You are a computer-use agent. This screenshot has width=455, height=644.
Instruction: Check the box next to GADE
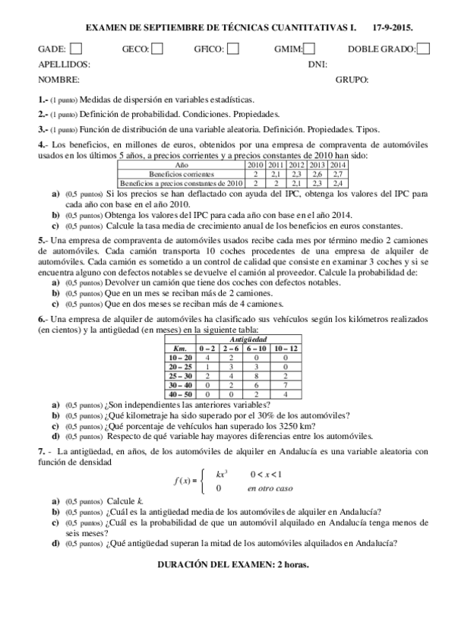[76, 49]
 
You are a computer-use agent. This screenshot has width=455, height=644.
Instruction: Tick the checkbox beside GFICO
[233, 49]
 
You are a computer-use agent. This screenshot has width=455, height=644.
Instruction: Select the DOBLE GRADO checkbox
[423, 49]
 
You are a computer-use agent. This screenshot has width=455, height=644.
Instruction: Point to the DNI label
[318, 65]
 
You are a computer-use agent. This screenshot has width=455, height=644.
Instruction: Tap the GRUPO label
[352, 80]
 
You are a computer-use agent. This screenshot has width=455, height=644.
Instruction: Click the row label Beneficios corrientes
[182, 174]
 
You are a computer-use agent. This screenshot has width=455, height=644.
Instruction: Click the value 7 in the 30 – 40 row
[285, 385]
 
